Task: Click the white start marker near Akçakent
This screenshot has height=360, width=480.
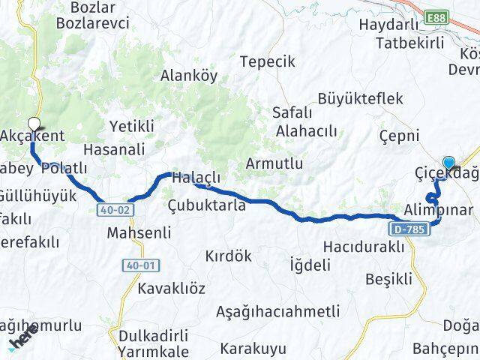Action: coord(34,124)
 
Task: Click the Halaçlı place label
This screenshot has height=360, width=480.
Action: coord(195,179)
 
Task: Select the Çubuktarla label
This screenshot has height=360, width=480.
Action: coord(205,205)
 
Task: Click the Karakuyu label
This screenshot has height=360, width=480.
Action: coord(254,348)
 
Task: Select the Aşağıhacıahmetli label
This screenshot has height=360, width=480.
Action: coord(277,310)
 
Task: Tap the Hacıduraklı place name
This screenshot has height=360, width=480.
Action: coord(363,247)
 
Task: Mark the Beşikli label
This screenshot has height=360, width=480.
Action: coord(388,279)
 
